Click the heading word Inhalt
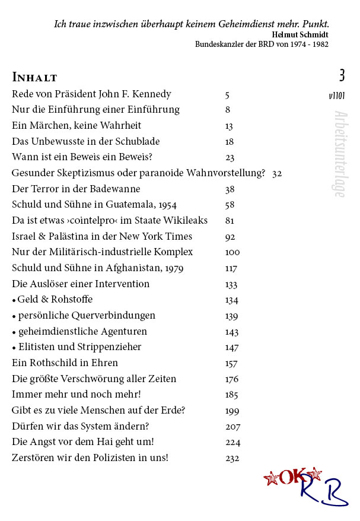(34, 77)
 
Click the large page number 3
(342, 75)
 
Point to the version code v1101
(337, 96)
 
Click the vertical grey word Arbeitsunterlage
(339, 154)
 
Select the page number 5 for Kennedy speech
(228, 94)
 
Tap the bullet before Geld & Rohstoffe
(14, 300)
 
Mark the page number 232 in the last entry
(232, 458)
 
